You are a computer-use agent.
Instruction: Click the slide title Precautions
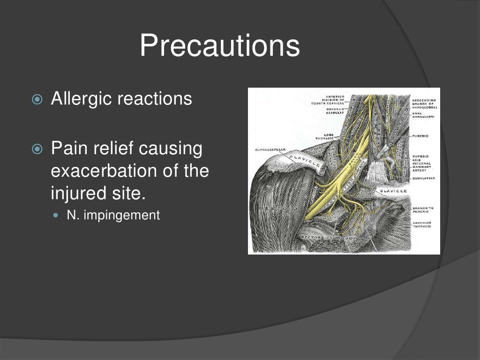(219, 46)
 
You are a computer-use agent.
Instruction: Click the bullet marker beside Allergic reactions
(37, 99)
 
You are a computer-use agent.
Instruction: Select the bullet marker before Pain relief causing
(37, 150)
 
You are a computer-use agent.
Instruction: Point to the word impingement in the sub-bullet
(122, 216)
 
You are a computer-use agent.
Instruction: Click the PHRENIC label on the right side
(420, 136)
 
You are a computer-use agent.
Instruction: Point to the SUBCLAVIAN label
(424, 179)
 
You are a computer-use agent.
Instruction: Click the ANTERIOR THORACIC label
(422, 225)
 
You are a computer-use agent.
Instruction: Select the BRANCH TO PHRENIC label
(423, 210)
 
